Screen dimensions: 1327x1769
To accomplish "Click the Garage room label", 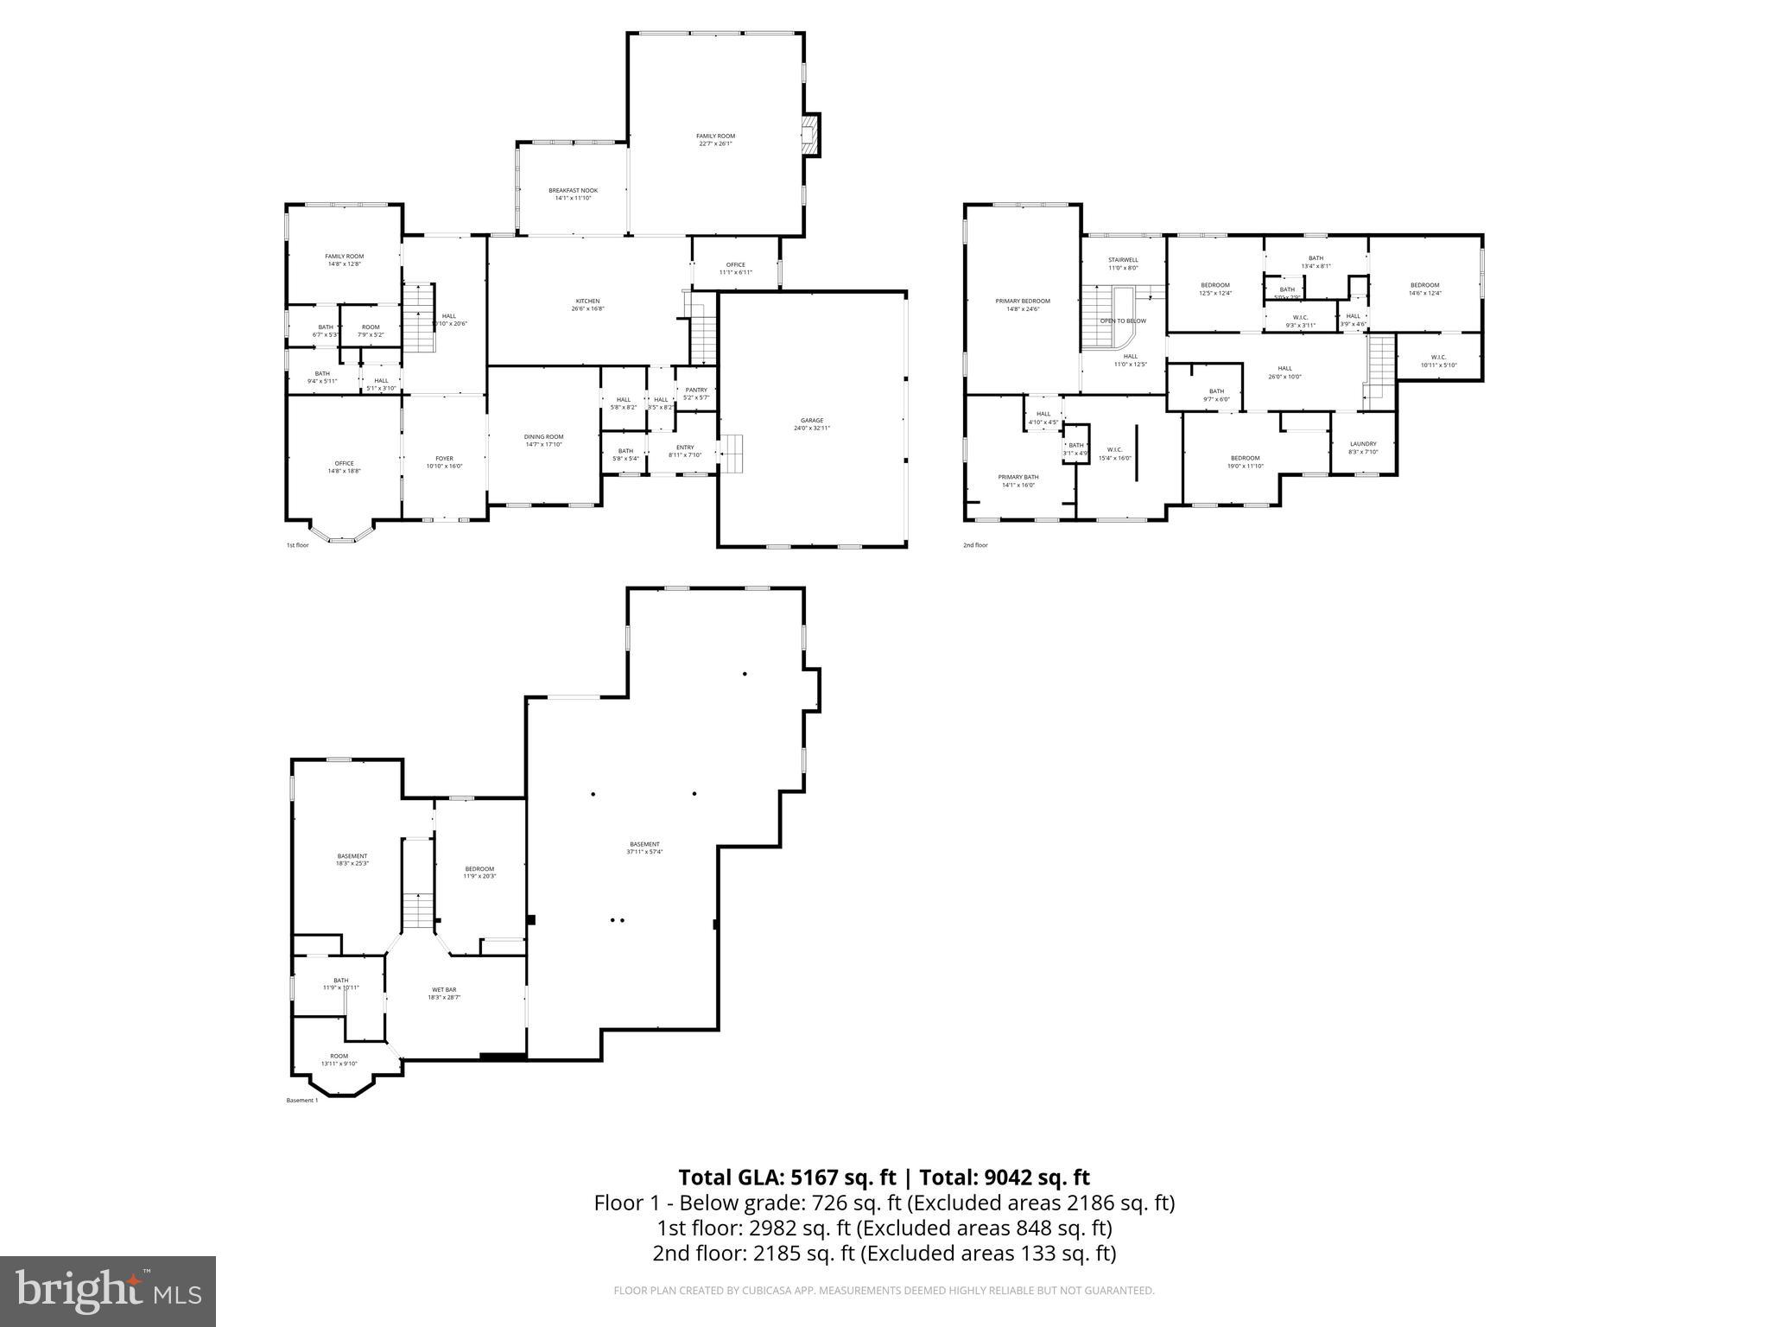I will coord(811,423).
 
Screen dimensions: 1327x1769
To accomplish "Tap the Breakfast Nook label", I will coord(573,194).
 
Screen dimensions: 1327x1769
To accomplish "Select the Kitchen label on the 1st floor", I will coord(587,304).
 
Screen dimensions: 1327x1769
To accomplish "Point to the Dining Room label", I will coord(543,441).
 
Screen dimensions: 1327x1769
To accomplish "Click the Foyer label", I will coord(444,462).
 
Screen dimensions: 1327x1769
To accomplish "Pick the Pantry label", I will coord(695,393).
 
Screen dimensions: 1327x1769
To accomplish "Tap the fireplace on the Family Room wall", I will coord(810,136).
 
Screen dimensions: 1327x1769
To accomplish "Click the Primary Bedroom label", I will coord(1023,304).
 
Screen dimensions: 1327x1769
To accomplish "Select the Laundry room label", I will coord(1363,448).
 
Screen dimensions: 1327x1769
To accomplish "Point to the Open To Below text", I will coord(1123,321).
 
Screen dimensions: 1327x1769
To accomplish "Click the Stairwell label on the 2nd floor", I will coord(1123,263).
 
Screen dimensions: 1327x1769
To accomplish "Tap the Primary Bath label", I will coord(1018,480).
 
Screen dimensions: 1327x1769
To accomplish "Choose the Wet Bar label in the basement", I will coord(444,993).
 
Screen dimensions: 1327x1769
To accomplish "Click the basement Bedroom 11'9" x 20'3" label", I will coord(479,872).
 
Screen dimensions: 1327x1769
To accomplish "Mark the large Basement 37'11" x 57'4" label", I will coord(644,848).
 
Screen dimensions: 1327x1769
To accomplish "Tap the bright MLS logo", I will coord(108,1291).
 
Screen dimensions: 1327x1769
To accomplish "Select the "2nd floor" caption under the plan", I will coord(975,545).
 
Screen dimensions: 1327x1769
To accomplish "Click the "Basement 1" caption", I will coord(301,1100).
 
